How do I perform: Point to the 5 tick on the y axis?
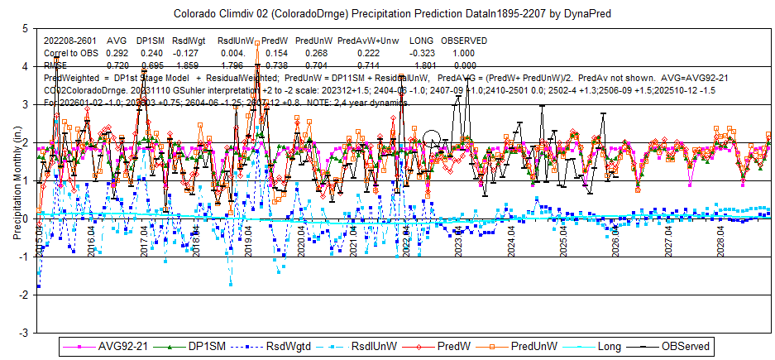tap(28, 28)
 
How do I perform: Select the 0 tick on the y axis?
tap(28, 218)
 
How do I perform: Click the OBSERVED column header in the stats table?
tap(465, 41)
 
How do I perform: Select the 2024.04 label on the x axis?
tap(510, 238)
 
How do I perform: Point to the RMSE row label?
tap(56, 64)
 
